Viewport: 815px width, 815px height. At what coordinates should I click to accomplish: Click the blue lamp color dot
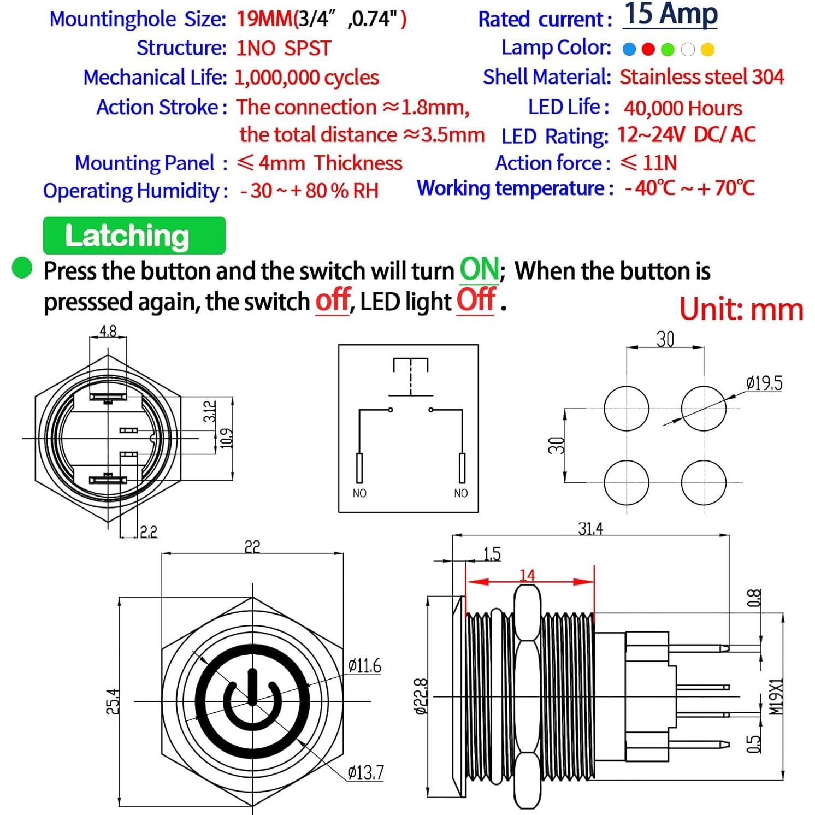(629, 50)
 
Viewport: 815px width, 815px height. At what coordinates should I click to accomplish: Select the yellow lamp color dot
(707, 50)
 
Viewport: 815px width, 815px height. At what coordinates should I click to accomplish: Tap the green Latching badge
(134, 235)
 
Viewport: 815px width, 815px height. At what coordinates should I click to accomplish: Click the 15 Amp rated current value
(670, 15)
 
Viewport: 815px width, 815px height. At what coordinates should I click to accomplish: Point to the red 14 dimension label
(527, 575)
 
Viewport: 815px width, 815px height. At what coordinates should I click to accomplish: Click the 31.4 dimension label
(590, 528)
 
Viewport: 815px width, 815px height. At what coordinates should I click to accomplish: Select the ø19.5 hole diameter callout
(764, 383)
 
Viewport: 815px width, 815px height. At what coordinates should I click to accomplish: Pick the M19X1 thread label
(776, 697)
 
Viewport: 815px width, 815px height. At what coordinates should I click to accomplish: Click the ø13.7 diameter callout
(365, 772)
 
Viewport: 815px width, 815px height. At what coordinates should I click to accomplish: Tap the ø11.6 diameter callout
(364, 666)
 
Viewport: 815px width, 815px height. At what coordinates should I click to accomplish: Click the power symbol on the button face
(252, 701)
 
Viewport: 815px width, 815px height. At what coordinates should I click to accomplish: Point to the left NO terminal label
(359, 493)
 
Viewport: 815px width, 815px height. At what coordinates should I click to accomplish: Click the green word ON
(479, 269)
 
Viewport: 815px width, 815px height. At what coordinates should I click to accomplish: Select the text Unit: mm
(741, 309)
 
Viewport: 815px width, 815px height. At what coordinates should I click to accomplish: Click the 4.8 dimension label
(108, 331)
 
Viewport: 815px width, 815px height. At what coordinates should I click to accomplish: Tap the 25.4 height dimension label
(112, 701)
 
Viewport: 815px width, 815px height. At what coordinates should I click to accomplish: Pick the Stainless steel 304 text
(701, 77)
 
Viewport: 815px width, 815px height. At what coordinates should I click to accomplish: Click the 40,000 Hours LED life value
(683, 108)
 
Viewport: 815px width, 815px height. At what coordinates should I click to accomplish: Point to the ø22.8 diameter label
(420, 696)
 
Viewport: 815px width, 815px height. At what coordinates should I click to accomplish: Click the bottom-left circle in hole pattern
(627, 482)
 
